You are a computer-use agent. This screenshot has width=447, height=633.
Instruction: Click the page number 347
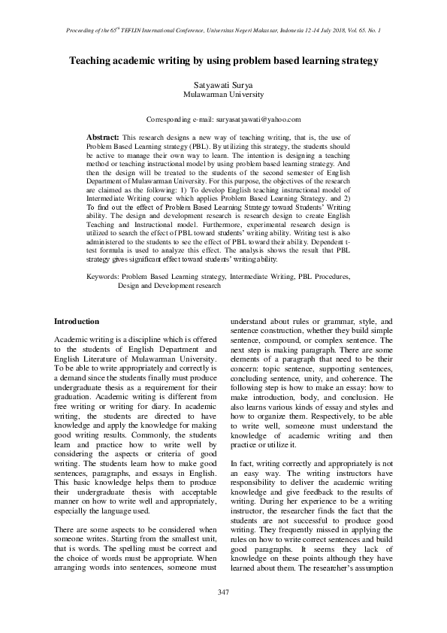223,592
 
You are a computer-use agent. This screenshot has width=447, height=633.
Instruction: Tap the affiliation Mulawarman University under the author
224,95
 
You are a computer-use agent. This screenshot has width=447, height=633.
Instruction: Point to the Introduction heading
77,321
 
